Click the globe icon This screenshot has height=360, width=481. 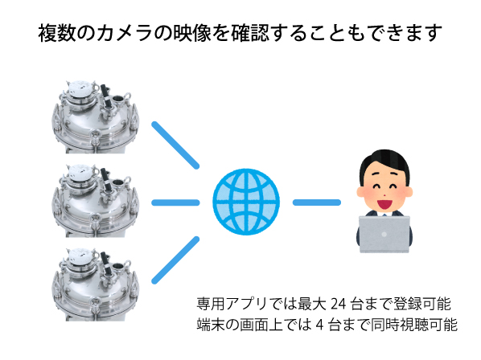pos(246,202)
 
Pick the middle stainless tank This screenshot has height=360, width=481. pos(95,201)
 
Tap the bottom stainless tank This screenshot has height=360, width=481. pos(95,284)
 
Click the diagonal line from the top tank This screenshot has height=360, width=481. pos(175,145)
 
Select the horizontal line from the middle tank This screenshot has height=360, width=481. pos(175,202)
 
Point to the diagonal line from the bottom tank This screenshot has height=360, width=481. pos(175,260)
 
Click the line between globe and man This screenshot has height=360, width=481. pos(317,202)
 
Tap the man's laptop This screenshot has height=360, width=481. pos(384,235)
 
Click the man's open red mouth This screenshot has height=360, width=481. pos(384,204)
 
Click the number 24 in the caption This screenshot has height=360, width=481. pos(339,304)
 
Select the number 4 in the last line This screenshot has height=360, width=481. pos(319,325)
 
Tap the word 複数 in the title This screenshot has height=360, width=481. pos(57,33)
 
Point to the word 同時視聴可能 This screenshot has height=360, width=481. pos(414,325)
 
